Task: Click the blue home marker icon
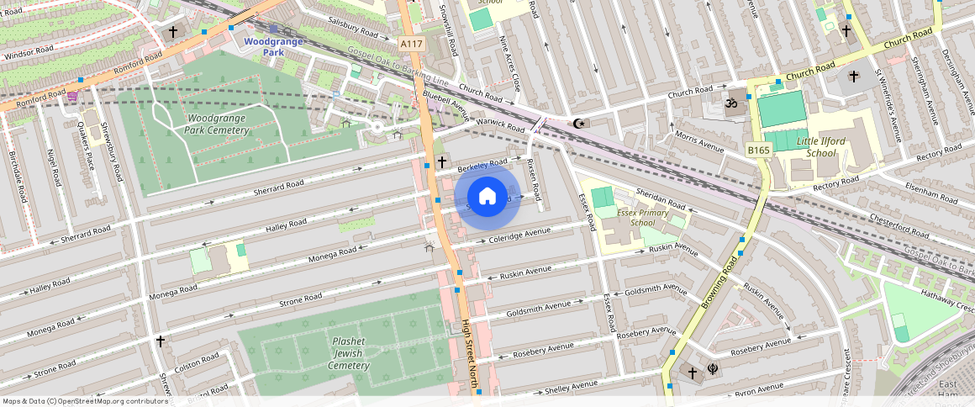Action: pos(487,197)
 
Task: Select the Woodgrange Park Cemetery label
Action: pos(218,124)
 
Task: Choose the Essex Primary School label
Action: pos(642,218)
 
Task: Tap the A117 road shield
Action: pos(411,43)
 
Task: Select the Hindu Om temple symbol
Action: pos(730,103)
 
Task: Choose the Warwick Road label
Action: pos(502,124)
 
